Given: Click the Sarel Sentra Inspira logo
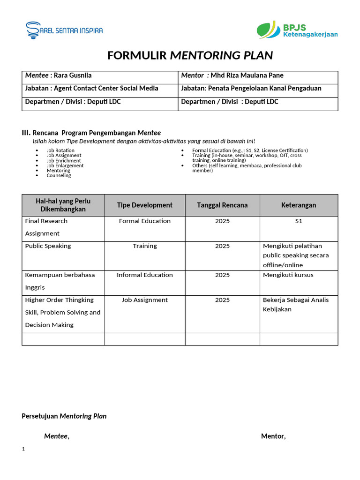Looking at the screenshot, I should [x=64, y=30].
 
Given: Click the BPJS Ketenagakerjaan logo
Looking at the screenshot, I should [x=297, y=30].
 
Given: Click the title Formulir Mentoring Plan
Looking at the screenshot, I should [x=190, y=55].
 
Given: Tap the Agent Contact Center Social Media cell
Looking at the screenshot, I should [x=106, y=89].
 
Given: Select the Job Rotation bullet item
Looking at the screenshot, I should [x=60, y=150].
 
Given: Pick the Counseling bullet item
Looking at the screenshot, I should [x=59, y=175].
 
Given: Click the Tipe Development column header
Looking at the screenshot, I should [x=145, y=205].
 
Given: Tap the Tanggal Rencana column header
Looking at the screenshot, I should [x=222, y=205].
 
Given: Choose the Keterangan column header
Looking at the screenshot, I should [x=299, y=205].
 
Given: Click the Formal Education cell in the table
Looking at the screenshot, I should [x=145, y=221].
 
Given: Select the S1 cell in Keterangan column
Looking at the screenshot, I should [x=299, y=221].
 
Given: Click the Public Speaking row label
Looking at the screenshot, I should [x=48, y=246].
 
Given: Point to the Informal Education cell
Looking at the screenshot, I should [x=145, y=275].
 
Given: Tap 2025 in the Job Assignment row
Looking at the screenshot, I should [x=222, y=300].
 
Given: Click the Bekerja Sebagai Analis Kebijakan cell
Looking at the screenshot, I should [x=295, y=305].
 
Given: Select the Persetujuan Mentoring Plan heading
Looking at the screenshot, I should [x=64, y=416].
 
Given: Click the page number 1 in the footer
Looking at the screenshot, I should [x=23, y=449].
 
